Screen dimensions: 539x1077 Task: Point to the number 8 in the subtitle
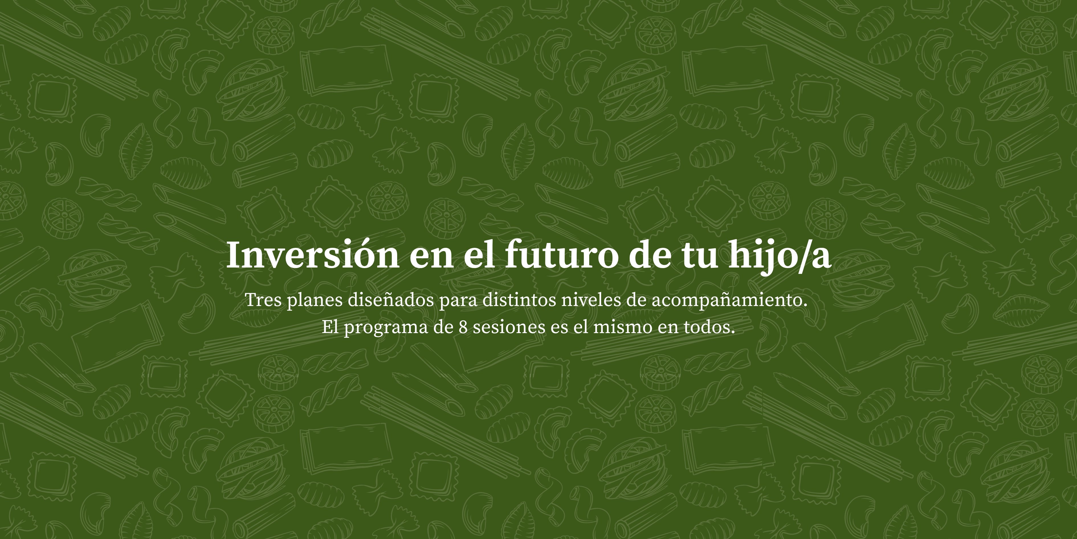(463, 327)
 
